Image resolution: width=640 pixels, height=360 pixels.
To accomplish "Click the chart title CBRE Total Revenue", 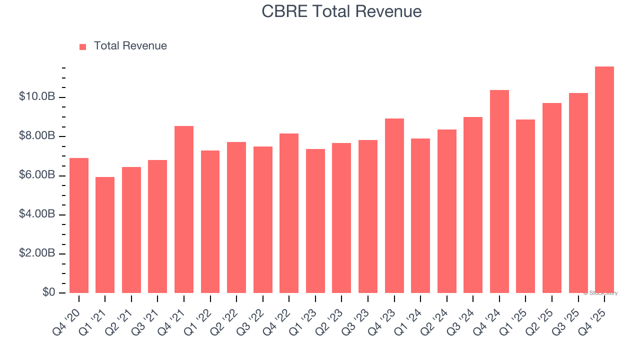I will (341, 11).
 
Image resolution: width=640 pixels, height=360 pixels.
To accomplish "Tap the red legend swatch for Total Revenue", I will (83, 46).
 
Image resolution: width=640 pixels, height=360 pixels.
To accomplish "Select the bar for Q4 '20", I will (79, 225).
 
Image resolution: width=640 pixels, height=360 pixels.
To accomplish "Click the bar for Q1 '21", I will (105, 235).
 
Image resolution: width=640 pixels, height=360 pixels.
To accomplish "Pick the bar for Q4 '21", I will (184, 209).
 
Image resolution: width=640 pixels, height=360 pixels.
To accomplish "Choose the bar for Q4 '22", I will (289, 213).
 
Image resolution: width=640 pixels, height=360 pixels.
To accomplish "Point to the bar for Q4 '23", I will (394, 205).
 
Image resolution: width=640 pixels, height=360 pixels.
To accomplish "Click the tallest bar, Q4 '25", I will (604, 180).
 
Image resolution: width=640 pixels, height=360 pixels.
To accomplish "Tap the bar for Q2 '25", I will (551, 198).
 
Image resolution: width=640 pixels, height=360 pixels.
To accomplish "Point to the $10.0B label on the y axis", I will (37, 96).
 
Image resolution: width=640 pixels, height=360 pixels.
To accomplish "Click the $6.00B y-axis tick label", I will (37, 175).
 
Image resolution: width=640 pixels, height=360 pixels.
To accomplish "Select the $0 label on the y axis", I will (48, 292).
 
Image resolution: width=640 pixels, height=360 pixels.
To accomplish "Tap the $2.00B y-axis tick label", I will (37, 253).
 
